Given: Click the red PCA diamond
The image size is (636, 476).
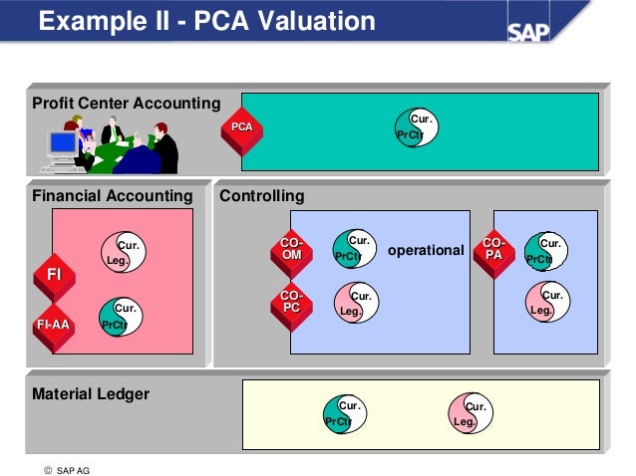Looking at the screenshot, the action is [242, 131].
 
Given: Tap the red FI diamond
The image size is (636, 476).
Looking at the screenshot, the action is [55, 278].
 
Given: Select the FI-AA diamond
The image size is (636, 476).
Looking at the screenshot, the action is [54, 328].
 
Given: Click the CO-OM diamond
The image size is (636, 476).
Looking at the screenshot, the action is [292, 253].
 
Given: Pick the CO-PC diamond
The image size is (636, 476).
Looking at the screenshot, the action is [292, 306].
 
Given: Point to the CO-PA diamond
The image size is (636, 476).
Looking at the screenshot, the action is [494, 253].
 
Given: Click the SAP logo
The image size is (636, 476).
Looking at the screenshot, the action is [528, 32].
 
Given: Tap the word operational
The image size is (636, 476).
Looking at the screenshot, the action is [426, 251].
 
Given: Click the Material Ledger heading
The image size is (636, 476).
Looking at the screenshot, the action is [91, 394].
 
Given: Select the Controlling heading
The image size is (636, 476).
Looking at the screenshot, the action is [262, 196].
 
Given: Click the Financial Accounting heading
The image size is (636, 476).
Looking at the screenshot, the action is [113, 196].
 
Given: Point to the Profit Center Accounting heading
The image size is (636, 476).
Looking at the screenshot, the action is [127, 104].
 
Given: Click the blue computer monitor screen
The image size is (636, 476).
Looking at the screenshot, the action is [63, 142].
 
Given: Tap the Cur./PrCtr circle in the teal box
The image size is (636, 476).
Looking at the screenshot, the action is [417, 127].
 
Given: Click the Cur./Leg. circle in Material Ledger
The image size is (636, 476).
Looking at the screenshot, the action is [471, 413].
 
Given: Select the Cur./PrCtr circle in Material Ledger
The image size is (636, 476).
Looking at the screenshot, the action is [345, 414].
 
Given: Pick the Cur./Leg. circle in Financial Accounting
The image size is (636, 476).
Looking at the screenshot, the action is [124, 252].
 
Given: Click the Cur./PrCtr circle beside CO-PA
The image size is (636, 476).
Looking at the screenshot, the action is [546, 251].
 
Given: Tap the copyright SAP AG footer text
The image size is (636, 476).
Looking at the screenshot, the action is [67, 470].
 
